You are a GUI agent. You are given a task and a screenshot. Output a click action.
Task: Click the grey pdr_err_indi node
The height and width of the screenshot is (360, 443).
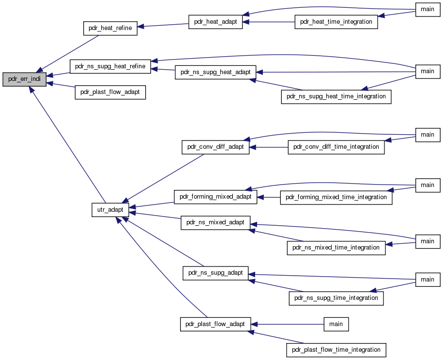click(x=24, y=79)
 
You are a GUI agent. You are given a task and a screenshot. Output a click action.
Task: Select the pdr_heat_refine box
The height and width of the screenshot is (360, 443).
click(x=110, y=28)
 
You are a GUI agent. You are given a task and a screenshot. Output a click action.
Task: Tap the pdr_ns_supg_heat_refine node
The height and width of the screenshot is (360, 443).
click(x=110, y=66)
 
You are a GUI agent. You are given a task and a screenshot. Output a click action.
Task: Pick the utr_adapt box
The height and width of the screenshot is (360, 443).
click(x=110, y=210)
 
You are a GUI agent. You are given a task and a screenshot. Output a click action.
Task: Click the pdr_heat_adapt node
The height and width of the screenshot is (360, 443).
click(x=215, y=22)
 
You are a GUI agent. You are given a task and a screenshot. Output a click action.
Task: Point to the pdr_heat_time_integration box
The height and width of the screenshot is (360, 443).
click(x=336, y=22)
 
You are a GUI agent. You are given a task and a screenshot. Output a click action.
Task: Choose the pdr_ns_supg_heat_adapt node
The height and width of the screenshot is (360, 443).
click(x=215, y=72)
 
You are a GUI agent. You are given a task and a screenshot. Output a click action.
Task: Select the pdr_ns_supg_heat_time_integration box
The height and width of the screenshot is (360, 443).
click(x=336, y=97)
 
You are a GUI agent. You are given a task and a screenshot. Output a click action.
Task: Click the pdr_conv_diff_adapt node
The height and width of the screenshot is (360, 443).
click(x=215, y=147)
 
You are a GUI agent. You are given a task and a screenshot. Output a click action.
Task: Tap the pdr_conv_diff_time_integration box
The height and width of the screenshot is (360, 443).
click(x=336, y=147)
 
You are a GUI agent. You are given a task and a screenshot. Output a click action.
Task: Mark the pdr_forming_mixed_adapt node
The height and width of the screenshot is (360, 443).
click(x=215, y=197)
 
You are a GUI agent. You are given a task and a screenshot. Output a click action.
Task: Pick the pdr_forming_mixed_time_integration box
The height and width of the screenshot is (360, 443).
click(x=336, y=197)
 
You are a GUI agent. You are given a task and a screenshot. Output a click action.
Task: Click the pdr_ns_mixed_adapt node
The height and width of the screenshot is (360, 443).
click(x=215, y=223)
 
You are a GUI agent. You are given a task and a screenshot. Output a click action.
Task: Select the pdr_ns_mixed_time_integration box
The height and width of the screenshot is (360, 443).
click(x=336, y=248)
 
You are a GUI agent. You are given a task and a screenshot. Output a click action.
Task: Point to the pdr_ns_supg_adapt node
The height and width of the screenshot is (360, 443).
click(x=215, y=273)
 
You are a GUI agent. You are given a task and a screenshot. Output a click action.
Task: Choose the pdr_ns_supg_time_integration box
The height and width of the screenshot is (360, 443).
click(x=336, y=298)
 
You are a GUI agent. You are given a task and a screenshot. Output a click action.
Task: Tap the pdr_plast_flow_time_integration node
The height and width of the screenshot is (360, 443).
click(x=336, y=350)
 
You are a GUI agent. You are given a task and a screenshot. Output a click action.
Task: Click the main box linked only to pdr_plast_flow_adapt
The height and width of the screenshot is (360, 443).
click(x=336, y=324)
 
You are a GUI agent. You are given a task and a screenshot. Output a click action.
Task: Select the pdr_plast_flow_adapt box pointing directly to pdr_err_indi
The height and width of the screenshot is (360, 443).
click(x=110, y=93)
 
